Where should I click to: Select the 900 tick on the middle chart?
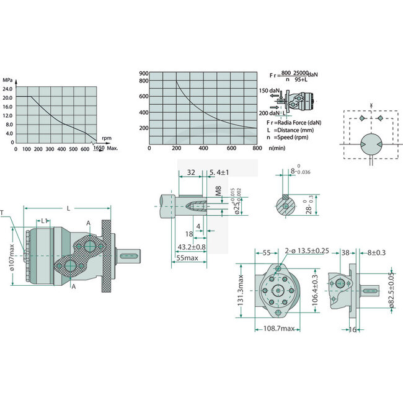(x=143, y=73)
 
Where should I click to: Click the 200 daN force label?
(x=270, y=112)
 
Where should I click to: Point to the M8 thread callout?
(x=218, y=191)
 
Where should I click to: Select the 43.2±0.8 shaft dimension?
(x=192, y=247)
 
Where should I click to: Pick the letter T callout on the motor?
(x=4, y=213)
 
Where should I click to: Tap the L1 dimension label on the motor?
(x=45, y=221)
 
